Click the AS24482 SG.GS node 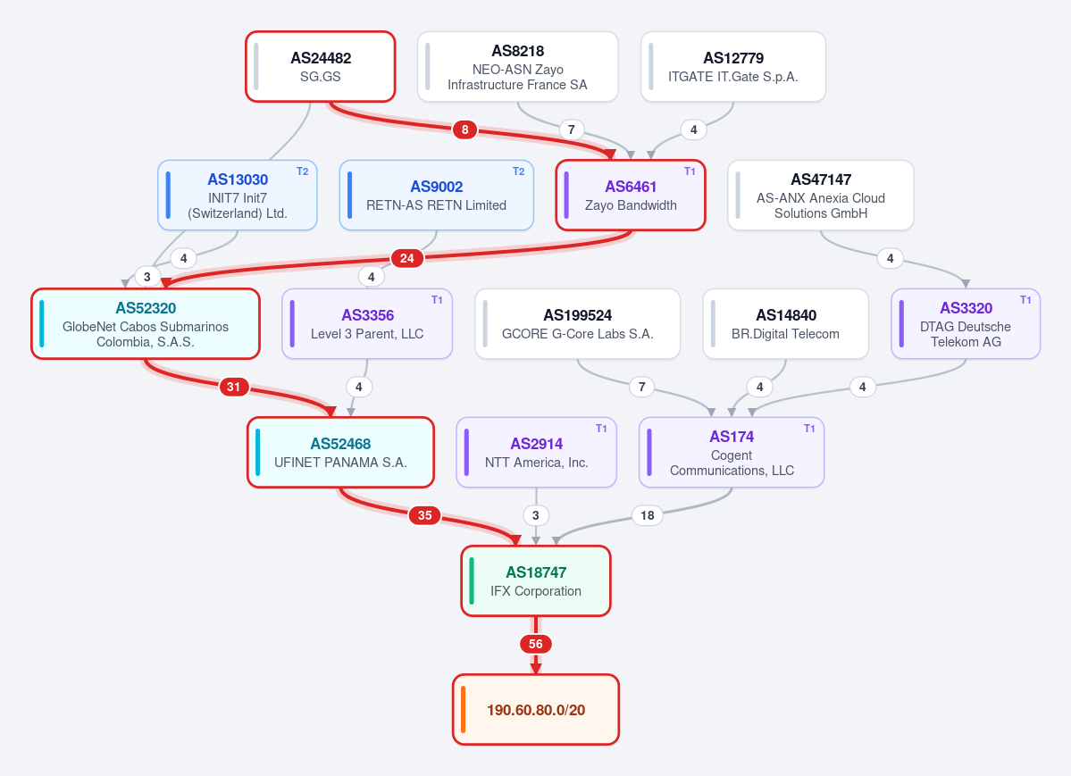coord(321,67)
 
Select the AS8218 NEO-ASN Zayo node coord(518,67)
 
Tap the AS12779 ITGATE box coord(732,67)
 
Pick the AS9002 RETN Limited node coord(437,196)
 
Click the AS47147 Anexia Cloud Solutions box coord(820,196)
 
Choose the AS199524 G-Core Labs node coord(578,324)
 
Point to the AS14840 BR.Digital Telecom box coord(785,324)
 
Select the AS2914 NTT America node coord(536,452)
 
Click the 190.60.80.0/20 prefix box coord(536,710)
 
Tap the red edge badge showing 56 coord(536,644)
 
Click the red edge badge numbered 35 coord(425,516)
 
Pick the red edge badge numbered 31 coord(234,388)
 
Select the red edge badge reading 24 coord(407,258)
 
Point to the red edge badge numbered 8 coord(465,129)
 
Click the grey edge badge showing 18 coord(648,516)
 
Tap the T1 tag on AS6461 coord(690,171)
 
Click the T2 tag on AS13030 coord(303,171)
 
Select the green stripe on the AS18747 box coord(472,581)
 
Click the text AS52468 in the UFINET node coord(341,444)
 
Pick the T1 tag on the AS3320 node coord(1025,300)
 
